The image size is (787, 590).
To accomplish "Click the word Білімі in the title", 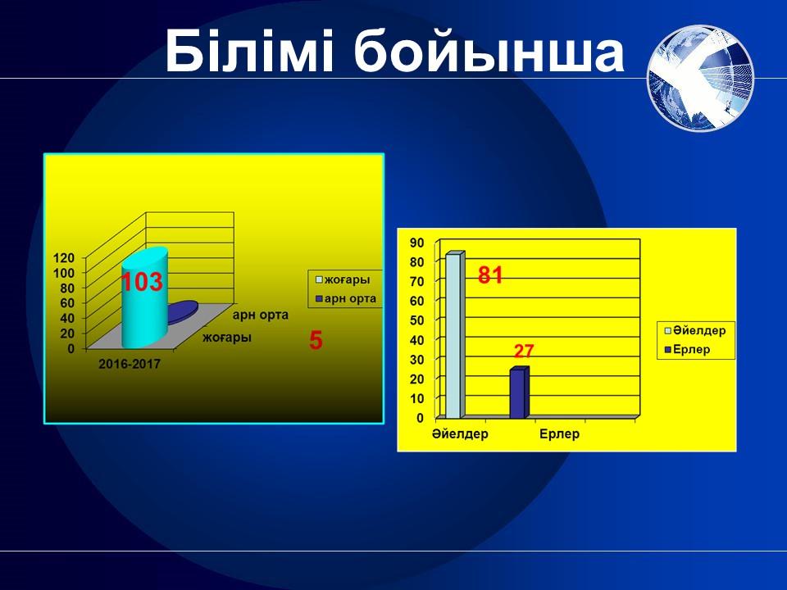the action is tap(249, 50).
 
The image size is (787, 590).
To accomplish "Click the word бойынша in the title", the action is tap(489, 50).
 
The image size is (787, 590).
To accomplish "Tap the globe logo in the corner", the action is tap(701, 78).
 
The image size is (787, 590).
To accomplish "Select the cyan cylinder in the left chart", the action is tap(145, 297).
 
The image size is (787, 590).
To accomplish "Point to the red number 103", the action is tap(142, 282).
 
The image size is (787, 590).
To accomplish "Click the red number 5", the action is tap(316, 341).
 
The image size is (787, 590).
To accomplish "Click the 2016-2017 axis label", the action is tap(130, 364).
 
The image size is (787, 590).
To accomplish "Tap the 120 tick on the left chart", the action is tap(64, 258).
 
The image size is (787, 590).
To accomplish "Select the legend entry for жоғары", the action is tap(343, 279).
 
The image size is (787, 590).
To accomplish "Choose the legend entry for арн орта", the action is tap(346, 298).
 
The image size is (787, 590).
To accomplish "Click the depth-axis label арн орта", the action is tap(261, 315).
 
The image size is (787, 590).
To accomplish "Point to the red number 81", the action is tap(490, 275).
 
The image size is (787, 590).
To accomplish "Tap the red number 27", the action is tap(524, 351).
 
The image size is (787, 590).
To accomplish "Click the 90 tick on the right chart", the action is tap(417, 243).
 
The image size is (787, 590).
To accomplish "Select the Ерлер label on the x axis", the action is tap(559, 434).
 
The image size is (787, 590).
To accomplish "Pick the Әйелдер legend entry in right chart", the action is tap(695, 330).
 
